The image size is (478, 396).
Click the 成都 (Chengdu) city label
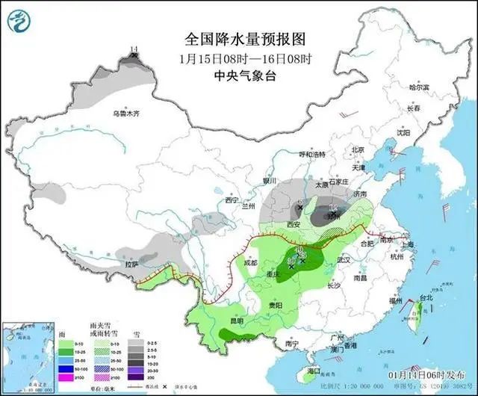[249, 263]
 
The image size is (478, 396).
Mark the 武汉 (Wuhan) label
[344, 259]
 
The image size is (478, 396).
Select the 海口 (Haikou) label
[314, 371]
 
